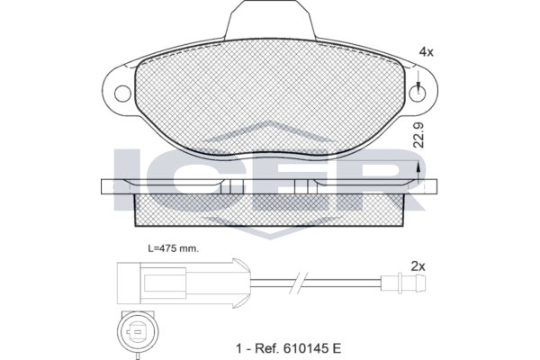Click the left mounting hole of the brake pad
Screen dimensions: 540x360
[122, 94]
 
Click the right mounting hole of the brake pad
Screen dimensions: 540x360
[418, 94]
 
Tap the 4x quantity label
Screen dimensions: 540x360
[426, 52]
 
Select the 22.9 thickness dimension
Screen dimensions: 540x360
[419, 135]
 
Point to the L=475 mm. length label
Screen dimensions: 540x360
[174, 248]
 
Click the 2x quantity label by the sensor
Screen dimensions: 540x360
[418, 266]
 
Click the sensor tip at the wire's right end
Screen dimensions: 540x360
[405, 283]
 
